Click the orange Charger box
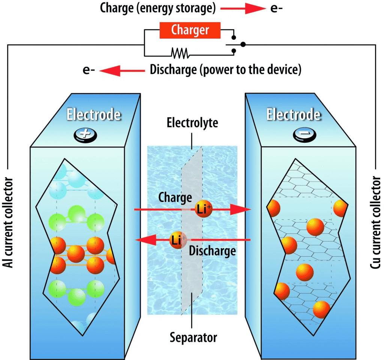point(190,30)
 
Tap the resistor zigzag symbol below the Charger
point(180,53)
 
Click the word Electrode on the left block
point(93,115)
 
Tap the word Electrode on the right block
point(294,115)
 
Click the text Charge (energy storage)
point(158,8)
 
